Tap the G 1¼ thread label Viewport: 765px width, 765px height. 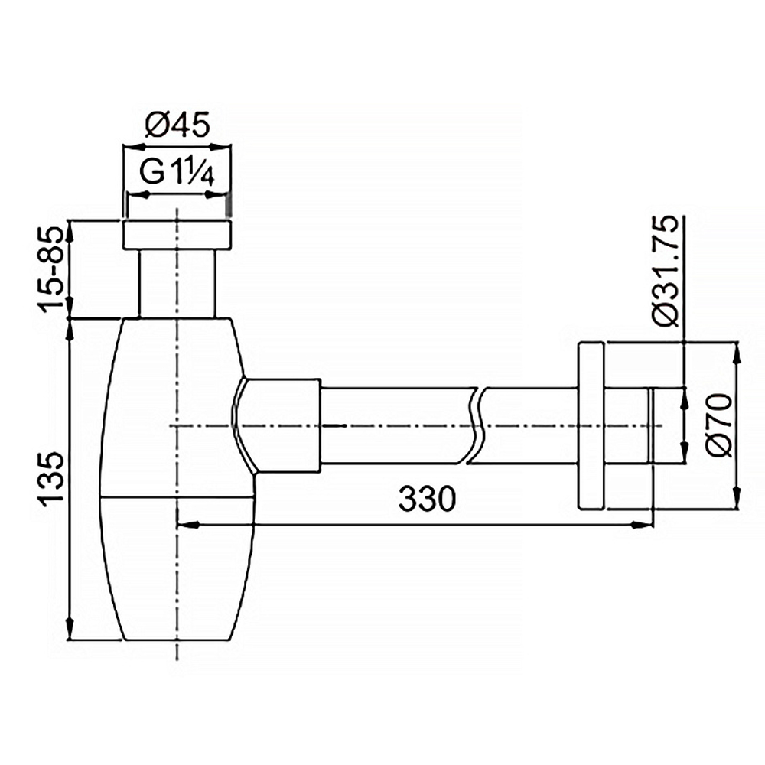pyautogui.click(x=176, y=173)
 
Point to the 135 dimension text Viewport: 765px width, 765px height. pyautogui.click(x=52, y=480)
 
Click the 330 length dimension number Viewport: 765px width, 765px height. pyautogui.click(x=426, y=500)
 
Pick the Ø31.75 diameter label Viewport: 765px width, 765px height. pyautogui.click(x=665, y=271)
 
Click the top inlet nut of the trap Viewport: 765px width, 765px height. pyautogui.click(x=177, y=236)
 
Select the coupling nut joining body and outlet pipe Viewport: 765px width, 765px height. pyautogui.click(x=279, y=425)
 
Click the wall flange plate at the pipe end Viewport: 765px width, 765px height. pyautogui.click(x=591, y=425)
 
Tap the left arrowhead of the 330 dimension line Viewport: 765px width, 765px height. pyautogui.click(x=184, y=525)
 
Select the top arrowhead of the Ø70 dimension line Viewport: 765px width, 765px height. pyautogui.click(x=737, y=350)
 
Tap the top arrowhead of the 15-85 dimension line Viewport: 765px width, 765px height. pyautogui.click(x=70, y=226)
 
